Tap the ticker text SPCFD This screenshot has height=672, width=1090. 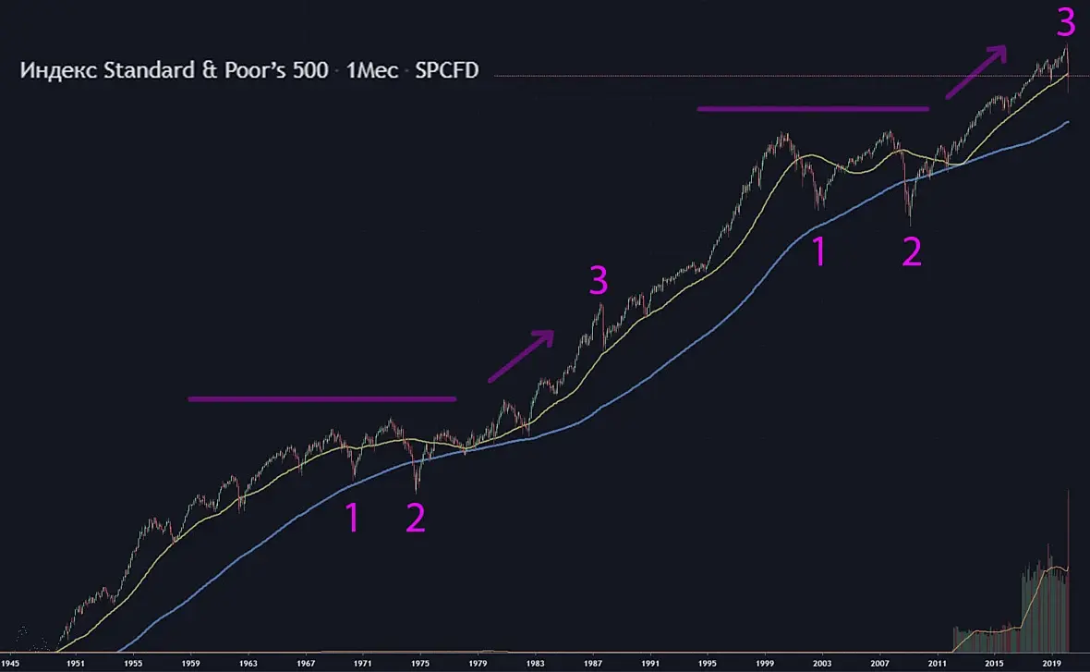[446, 70]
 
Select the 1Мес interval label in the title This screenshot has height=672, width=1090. [371, 70]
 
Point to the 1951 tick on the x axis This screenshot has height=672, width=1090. [76, 663]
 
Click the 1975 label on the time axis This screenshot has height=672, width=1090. [420, 663]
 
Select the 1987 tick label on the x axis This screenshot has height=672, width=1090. [593, 663]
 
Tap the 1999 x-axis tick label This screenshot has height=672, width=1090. [765, 663]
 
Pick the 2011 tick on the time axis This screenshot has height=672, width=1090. [938, 663]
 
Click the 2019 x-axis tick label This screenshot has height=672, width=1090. [1052, 663]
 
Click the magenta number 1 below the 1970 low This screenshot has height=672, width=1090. [352, 519]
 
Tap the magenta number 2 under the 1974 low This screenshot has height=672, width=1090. [416, 519]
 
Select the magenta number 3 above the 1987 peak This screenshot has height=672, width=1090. [599, 281]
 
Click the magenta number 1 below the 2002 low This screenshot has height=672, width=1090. [818, 252]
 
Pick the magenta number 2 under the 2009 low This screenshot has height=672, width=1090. [912, 252]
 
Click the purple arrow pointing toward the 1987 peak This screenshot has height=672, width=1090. [521, 355]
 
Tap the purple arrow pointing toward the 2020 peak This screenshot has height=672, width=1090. [975, 69]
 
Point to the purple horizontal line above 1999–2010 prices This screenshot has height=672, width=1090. [813, 109]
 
